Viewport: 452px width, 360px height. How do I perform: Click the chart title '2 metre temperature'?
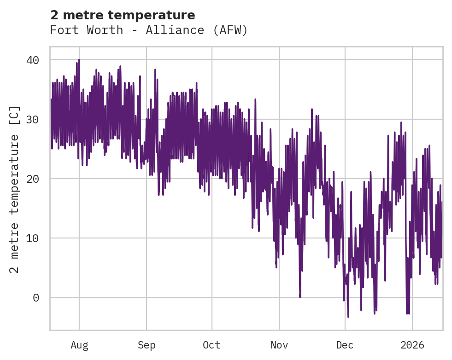pyautogui.click(x=122, y=15)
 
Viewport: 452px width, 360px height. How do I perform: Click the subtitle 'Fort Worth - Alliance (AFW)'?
pyautogui.click(x=149, y=30)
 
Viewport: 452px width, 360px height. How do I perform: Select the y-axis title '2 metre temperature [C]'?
pyautogui.click(x=15, y=189)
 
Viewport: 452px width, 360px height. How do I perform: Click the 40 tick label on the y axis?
pyautogui.click(x=33, y=60)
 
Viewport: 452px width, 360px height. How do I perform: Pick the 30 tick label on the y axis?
pyautogui.click(x=33, y=120)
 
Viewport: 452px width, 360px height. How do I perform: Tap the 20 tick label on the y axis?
pyautogui.click(x=33, y=179)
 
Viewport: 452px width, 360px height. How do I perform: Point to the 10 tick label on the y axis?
pyautogui.click(x=33, y=238)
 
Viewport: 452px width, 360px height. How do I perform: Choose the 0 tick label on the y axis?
pyautogui.click(x=36, y=298)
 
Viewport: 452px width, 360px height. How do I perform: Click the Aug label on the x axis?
pyautogui.click(x=79, y=345)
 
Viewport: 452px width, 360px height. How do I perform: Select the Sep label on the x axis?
pyautogui.click(x=147, y=345)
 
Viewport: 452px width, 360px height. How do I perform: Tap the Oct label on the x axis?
pyautogui.click(x=212, y=345)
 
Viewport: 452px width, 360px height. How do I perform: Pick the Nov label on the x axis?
pyautogui.click(x=279, y=345)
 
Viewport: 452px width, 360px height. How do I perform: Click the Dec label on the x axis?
pyautogui.click(x=345, y=345)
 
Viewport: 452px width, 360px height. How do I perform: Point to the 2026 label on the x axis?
pyautogui.click(x=412, y=345)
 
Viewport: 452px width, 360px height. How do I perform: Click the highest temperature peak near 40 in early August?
pyautogui.click(x=79, y=60)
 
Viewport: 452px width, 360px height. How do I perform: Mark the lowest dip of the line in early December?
pyautogui.click(x=348, y=316)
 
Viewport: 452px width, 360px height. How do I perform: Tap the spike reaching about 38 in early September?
pyautogui.click(x=155, y=70)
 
